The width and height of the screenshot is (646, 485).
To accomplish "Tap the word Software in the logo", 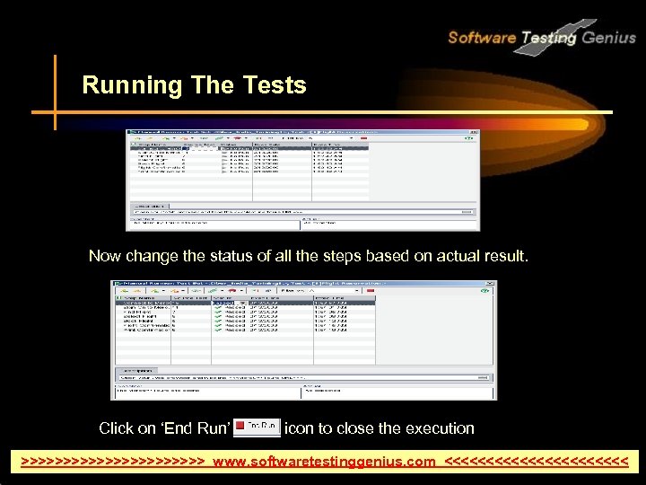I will click(481, 38).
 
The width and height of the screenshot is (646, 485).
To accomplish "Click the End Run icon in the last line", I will click(257, 427).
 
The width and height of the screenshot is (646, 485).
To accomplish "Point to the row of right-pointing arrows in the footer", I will click(113, 462).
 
